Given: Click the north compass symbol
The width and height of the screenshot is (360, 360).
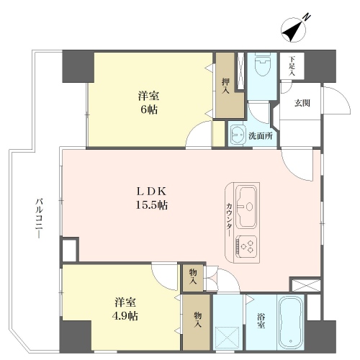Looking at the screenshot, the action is pyautogui.click(x=294, y=30).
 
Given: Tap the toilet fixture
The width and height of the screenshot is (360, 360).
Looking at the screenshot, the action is pyautogui.click(x=263, y=64).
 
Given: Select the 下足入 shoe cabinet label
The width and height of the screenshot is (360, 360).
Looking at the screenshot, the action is pyautogui.click(x=292, y=66).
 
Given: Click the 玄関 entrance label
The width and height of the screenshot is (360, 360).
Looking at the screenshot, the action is pyautogui.click(x=302, y=103).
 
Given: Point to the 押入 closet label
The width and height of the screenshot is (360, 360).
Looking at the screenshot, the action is pyautogui.click(x=225, y=86).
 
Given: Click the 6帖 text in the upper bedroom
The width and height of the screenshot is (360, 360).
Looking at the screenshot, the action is pyautogui.click(x=149, y=110).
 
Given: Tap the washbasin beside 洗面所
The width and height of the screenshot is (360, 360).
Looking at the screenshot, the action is pyautogui.click(x=238, y=135).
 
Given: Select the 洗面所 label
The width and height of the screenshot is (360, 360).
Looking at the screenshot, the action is pyautogui.click(x=261, y=136).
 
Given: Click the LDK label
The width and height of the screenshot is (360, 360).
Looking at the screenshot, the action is pyautogui.click(x=151, y=192).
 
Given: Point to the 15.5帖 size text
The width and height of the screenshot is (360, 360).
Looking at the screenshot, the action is pyautogui.click(x=152, y=205).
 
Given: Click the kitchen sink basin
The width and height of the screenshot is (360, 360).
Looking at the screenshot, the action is pyautogui.click(x=246, y=207).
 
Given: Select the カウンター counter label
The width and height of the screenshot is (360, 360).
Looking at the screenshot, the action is pyautogui.click(x=229, y=220).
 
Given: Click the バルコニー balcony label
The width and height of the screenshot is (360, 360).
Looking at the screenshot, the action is pyautogui.click(x=39, y=218).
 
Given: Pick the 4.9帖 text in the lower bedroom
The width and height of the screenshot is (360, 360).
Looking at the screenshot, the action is pyautogui.click(x=125, y=316).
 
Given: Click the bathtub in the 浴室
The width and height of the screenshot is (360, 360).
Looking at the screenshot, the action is pyautogui.click(x=291, y=322).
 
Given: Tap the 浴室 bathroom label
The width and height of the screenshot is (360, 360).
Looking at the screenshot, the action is pyautogui.click(x=261, y=321).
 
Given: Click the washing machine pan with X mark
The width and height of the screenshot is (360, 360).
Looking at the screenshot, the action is pyautogui.click(x=227, y=338).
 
